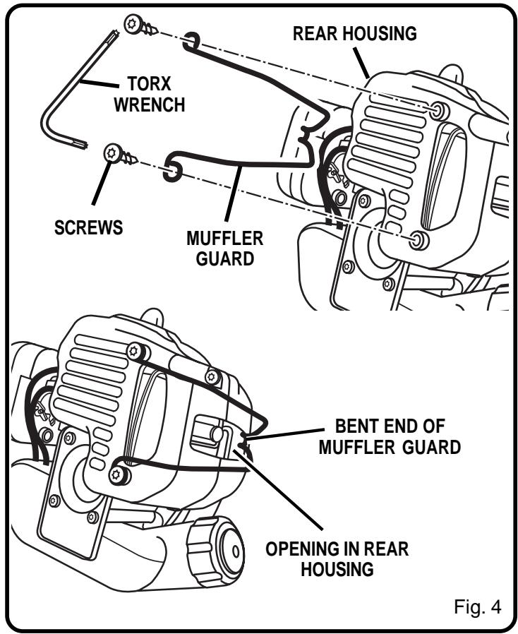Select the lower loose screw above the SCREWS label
pyautogui.click(x=115, y=153)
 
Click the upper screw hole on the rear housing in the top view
pyautogui.click(x=438, y=110)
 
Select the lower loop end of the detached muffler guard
pyautogui.click(x=171, y=170)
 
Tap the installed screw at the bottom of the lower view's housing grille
pyautogui.click(x=121, y=477)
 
